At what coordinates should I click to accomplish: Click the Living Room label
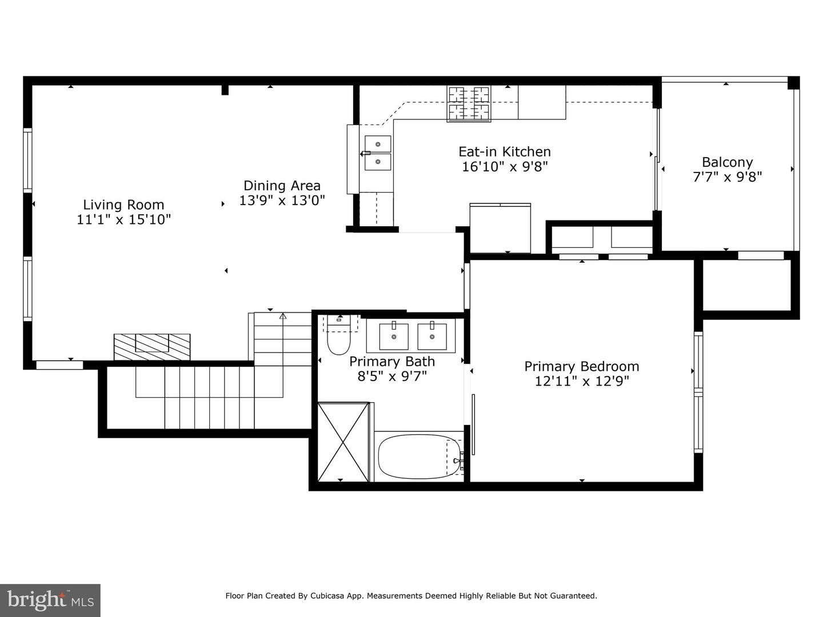[x=123, y=205]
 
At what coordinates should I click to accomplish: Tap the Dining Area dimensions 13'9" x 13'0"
[x=282, y=201]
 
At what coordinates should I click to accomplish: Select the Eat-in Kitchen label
[x=505, y=152]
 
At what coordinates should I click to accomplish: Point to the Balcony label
[x=727, y=162]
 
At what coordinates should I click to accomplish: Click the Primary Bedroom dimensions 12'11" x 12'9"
[x=582, y=381]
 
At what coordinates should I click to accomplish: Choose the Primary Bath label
[x=392, y=362]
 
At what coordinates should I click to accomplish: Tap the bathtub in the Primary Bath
[x=419, y=456]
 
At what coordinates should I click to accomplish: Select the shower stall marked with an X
[x=343, y=442]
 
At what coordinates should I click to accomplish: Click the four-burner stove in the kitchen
[x=469, y=104]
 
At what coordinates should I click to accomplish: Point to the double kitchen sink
[x=378, y=153]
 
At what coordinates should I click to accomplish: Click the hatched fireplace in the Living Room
[x=152, y=347]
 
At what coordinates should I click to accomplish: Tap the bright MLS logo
[x=50, y=601]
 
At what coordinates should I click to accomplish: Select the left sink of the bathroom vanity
[x=394, y=336]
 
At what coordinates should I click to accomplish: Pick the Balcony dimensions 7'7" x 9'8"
[x=727, y=177]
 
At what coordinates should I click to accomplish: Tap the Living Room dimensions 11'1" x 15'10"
[x=123, y=219]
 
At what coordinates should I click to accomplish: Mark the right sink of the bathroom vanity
[x=432, y=336]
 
